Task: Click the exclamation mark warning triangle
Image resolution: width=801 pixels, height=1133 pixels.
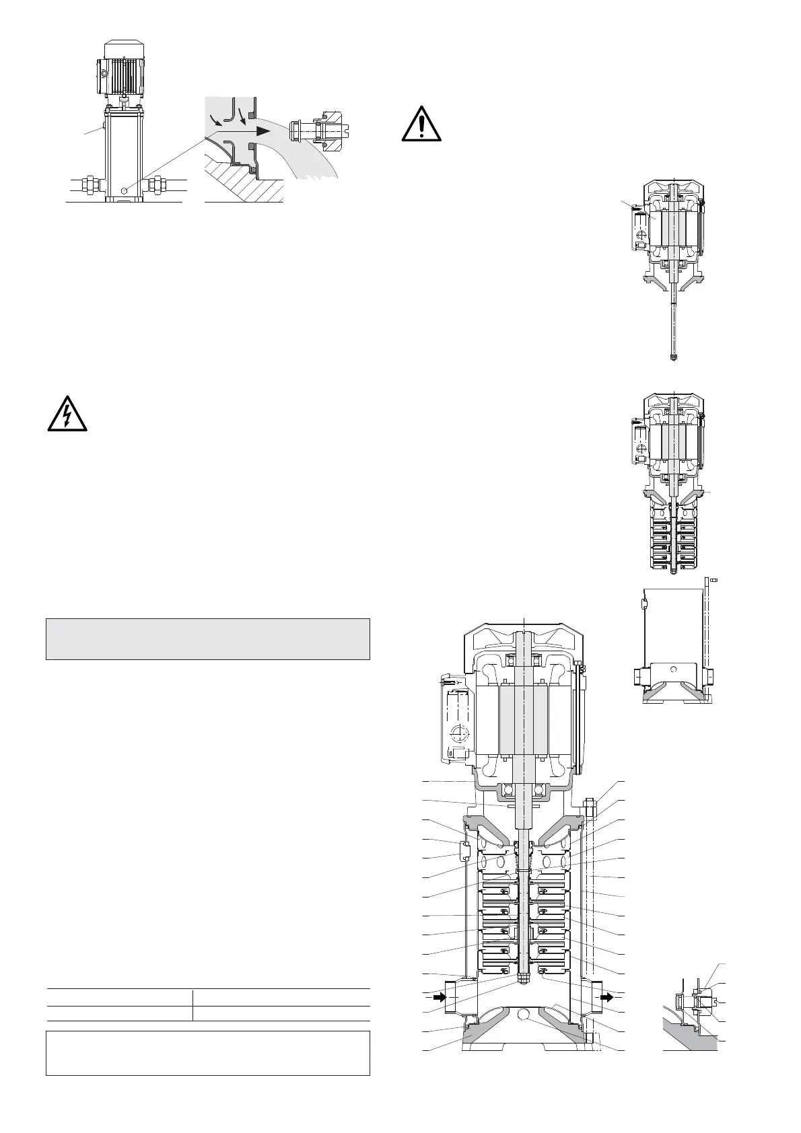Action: point(422,124)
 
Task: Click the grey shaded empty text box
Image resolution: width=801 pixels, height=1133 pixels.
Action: point(208,639)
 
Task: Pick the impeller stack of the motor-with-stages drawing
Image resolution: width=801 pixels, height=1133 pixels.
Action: point(674,539)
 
